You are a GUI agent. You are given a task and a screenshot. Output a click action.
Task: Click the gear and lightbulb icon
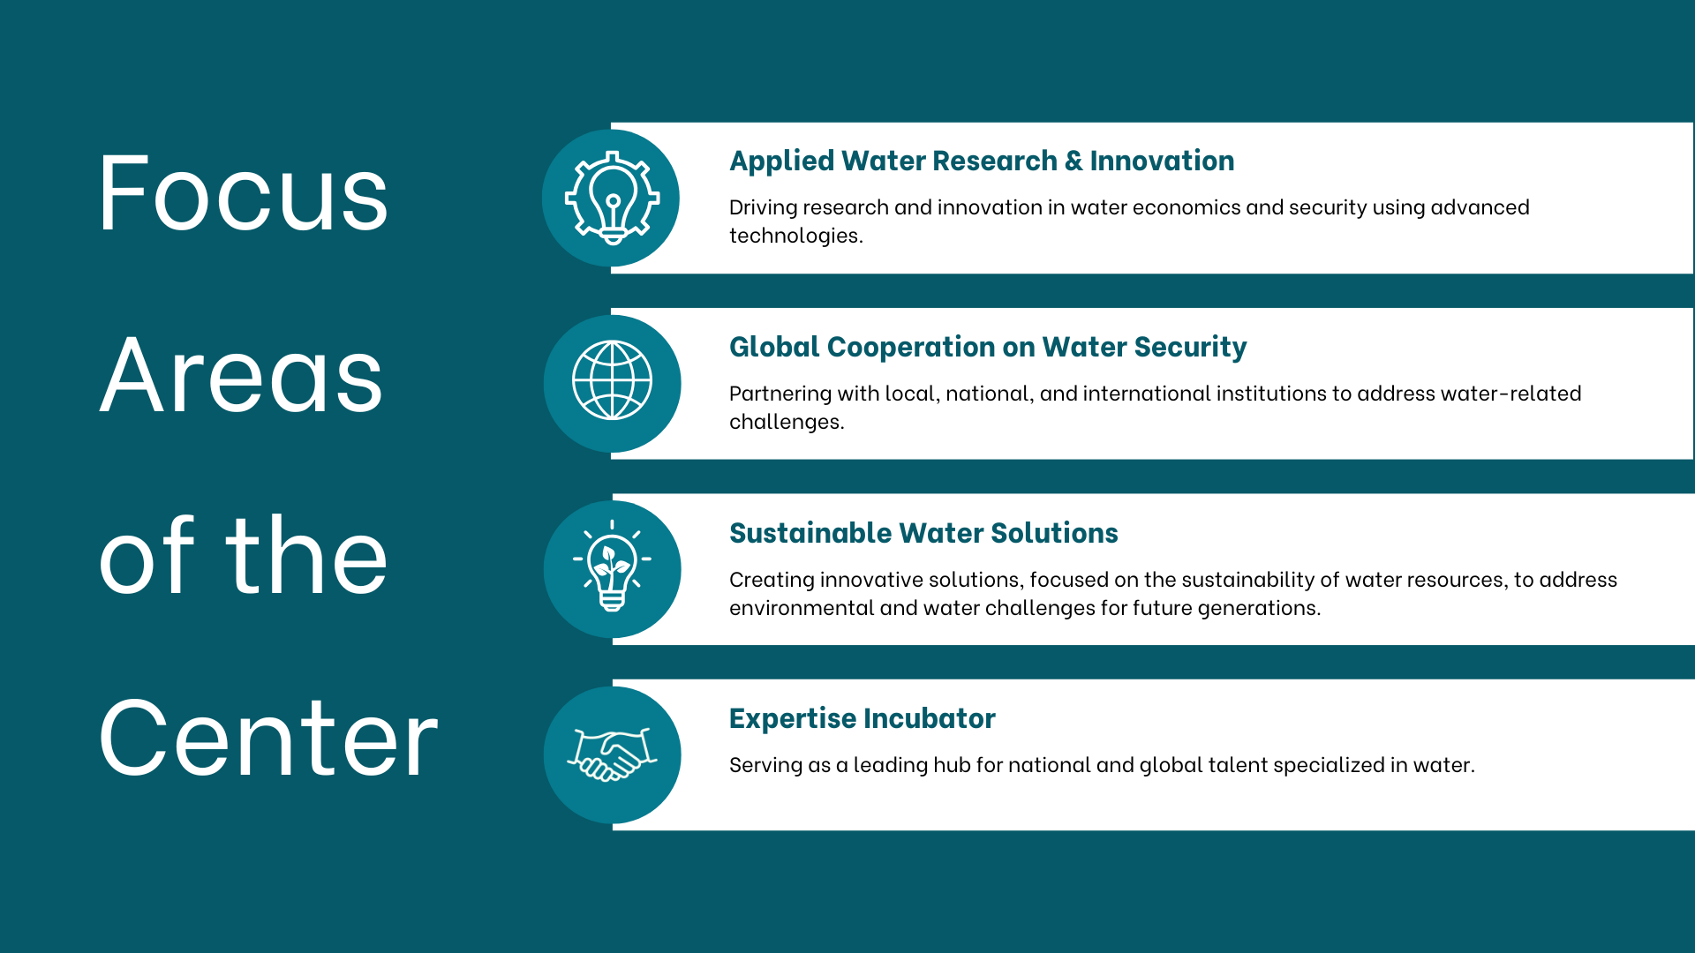[612, 198]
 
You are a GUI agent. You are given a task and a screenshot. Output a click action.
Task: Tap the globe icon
[612, 380]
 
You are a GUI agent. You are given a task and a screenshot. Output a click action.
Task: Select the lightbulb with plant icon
[612, 567]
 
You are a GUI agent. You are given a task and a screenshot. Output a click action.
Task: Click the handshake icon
[612, 754]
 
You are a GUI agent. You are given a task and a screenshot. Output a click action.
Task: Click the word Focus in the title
[243, 192]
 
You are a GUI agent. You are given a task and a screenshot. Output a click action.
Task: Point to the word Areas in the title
[241, 375]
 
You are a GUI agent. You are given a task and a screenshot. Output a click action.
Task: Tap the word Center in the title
[268, 738]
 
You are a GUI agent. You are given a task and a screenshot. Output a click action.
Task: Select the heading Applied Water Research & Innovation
[982, 161]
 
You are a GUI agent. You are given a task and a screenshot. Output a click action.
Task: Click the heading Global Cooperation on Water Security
[988, 347]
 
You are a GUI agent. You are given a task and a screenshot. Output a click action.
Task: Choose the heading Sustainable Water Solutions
[923, 533]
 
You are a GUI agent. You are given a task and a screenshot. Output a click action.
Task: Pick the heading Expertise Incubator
[863, 718]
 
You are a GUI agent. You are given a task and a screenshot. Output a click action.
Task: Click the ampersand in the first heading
[1073, 161]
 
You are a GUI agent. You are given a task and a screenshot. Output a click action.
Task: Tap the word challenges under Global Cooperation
[787, 422]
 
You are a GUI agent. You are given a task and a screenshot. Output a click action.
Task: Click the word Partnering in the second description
[780, 394]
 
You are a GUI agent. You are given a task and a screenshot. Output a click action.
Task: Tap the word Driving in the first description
[763, 207]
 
